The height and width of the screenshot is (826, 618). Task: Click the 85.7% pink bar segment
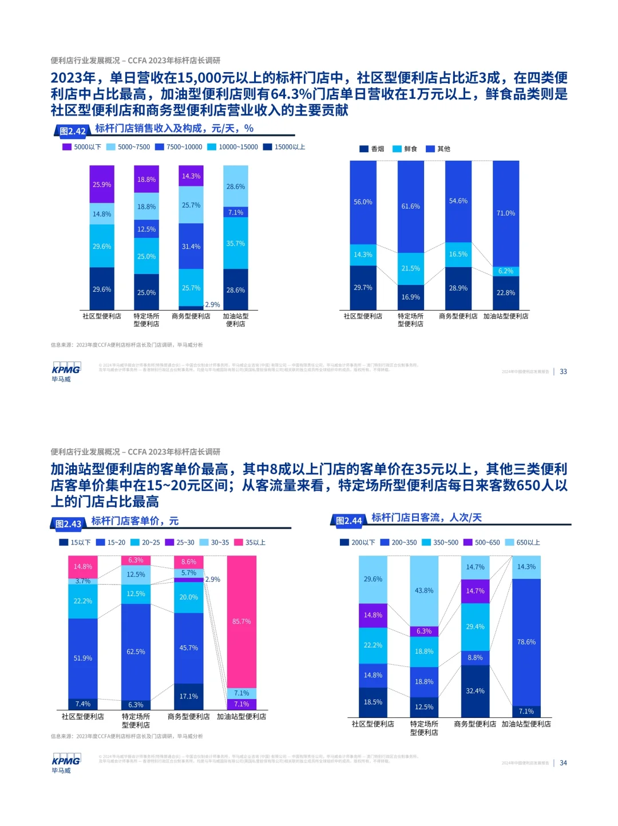(241, 621)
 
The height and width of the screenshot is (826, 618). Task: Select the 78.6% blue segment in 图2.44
(526, 642)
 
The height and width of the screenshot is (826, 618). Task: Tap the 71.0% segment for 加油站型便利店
(506, 213)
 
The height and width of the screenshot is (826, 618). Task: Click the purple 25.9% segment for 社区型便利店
(102, 184)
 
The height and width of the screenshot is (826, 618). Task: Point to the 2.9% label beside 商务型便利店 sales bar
(212, 305)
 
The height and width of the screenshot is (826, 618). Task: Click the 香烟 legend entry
(372, 149)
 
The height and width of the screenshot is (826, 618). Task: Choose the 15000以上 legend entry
(284, 147)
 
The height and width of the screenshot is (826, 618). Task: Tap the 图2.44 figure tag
(348, 521)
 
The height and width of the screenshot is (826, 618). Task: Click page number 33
(563, 371)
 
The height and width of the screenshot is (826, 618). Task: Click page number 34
(563, 763)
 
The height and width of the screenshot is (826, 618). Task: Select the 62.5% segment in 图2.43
(136, 652)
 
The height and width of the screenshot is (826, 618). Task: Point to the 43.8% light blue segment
(424, 590)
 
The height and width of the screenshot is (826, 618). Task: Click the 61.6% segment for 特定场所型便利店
(410, 206)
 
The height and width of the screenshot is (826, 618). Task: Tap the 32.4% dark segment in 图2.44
(475, 690)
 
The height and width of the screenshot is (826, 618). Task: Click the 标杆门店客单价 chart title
(135, 521)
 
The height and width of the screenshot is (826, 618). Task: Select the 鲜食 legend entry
(405, 149)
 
